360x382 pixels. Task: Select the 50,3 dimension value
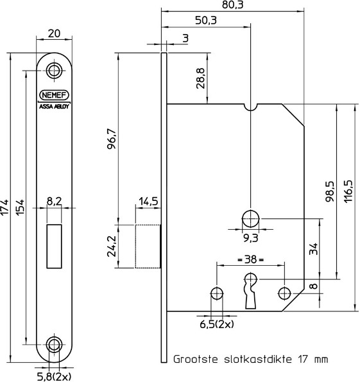(205, 21)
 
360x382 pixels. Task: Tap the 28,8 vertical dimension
(201, 78)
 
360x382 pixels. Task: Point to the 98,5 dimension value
(329, 191)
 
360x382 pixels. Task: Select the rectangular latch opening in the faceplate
(54, 245)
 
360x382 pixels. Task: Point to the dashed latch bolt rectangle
(148, 246)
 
